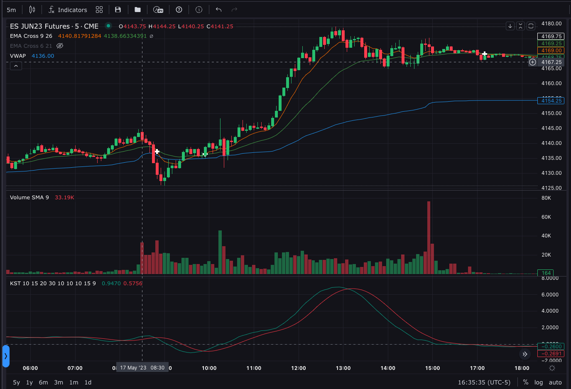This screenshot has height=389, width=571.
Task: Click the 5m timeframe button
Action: coord(11,10)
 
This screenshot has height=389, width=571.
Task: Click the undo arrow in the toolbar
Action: coord(218,10)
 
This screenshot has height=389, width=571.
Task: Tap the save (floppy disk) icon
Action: coord(118,10)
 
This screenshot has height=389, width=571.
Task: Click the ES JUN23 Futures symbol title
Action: coord(54,26)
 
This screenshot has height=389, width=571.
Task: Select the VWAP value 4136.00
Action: coord(43,56)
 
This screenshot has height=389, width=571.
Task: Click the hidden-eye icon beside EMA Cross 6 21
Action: coord(60,46)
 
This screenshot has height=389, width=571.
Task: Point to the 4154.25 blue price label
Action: coord(551,100)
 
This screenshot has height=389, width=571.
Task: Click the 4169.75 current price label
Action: coord(551,37)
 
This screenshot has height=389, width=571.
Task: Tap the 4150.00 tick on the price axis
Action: coord(551,113)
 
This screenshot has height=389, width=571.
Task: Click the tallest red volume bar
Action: coord(429,237)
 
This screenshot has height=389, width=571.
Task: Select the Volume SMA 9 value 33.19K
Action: coord(64,198)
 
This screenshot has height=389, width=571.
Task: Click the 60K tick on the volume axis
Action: coord(546,217)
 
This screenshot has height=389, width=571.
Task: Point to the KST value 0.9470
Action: coord(111,284)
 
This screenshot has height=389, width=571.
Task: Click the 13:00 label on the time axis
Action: coord(343,368)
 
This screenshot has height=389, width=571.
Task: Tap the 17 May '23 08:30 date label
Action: coord(142,368)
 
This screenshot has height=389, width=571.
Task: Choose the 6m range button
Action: coord(43,382)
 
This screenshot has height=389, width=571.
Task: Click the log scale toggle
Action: coord(539,382)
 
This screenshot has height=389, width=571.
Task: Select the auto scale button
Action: coord(555,382)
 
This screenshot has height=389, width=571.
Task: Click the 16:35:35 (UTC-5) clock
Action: coord(484,382)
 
